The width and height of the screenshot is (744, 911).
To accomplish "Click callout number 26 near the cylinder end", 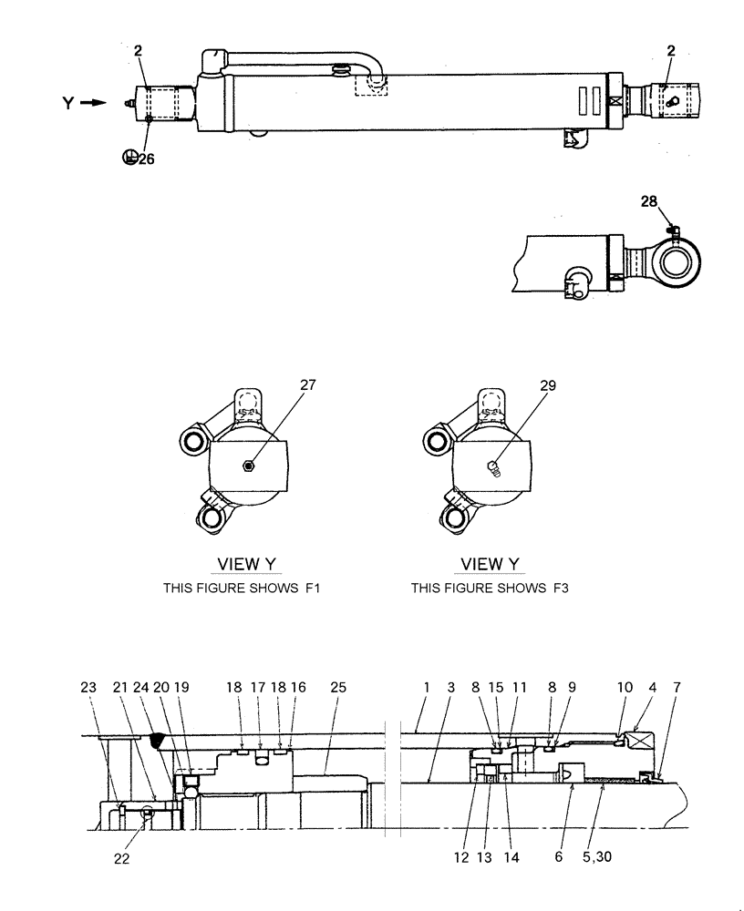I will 146,158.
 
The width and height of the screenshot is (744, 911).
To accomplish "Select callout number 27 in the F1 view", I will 307,385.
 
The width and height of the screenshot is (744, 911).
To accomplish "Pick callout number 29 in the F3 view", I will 547,385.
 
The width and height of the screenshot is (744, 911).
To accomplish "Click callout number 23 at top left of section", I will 88,687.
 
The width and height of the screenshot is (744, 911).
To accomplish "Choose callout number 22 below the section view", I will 122,858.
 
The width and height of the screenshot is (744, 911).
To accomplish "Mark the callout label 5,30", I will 603,858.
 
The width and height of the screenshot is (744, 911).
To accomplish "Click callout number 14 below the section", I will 511,858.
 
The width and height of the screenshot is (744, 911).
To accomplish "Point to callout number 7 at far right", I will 677,687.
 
